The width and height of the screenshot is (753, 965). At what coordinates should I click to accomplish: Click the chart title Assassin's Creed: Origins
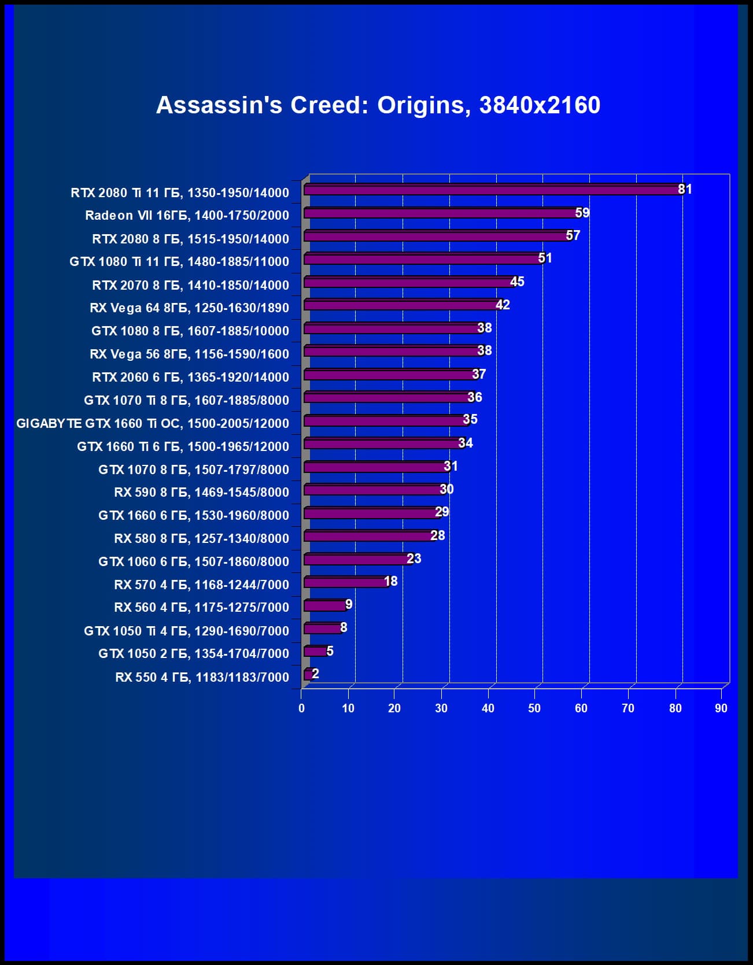click(378, 105)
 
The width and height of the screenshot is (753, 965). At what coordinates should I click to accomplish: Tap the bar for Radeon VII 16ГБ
click(440, 213)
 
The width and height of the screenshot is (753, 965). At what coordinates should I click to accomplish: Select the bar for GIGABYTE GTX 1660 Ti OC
click(385, 420)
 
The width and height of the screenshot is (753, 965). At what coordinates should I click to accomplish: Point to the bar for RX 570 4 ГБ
click(345, 582)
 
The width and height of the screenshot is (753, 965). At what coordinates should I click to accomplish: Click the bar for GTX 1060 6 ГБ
click(357, 559)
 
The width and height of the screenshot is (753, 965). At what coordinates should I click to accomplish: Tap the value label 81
click(685, 189)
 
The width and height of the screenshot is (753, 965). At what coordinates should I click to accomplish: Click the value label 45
click(517, 282)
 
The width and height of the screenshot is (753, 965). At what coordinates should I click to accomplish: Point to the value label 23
click(414, 559)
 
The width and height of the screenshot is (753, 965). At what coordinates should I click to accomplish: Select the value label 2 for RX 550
click(315, 674)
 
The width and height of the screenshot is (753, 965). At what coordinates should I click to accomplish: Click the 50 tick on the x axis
click(534, 708)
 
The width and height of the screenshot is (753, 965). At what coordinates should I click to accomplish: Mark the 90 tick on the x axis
click(721, 708)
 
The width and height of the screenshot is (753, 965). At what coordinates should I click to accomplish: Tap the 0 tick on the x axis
click(301, 708)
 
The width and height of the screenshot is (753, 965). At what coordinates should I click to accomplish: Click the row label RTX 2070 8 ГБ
click(190, 285)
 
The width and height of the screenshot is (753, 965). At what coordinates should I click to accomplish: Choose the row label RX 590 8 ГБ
click(201, 493)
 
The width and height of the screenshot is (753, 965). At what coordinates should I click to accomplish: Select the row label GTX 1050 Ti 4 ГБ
click(186, 631)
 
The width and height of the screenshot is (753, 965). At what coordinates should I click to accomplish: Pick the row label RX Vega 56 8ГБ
click(189, 354)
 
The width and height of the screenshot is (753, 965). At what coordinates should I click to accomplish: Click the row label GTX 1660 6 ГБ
click(193, 515)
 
